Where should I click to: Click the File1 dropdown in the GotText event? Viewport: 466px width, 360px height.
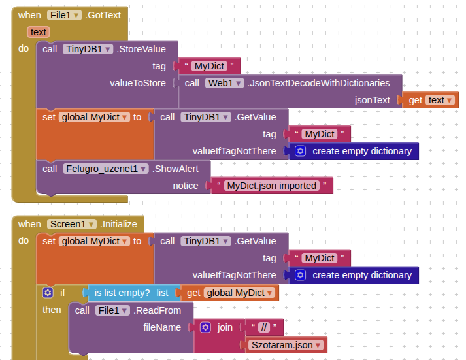click(x=64, y=14)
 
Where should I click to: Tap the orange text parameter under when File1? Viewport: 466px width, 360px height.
click(x=39, y=31)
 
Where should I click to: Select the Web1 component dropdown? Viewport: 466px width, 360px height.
click(x=224, y=83)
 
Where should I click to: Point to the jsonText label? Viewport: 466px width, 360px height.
click(x=372, y=100)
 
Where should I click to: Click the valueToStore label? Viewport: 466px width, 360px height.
click(x=138, y=83)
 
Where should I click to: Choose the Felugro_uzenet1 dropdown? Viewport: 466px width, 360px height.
click(x=105, y=168)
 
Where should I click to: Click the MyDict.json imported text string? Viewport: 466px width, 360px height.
click(x=272, y=186)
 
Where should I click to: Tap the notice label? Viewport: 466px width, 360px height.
click(x=185, y=186)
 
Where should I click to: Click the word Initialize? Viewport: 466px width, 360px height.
click(x=119, y=224)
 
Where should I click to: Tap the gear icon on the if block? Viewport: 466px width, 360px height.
click(x=47, y=293)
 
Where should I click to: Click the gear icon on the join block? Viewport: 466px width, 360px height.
click(x=205, y=327)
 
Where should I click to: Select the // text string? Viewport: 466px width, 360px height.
click(x=264, y=327)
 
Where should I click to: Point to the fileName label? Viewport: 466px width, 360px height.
click(x=162, y=327)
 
